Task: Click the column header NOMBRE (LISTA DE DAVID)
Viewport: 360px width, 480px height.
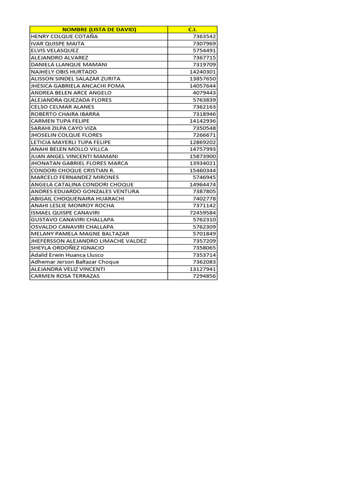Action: point(98,30)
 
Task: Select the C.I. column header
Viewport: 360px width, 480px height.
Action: point(192,30)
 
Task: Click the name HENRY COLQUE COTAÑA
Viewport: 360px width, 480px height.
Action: point(64,37)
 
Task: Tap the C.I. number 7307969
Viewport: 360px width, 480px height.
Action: point(204,44)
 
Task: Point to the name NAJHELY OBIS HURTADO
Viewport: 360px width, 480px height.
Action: point(64,72)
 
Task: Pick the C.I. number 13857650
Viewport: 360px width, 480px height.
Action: point(202,79)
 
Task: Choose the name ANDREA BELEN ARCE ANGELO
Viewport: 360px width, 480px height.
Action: point(71,93)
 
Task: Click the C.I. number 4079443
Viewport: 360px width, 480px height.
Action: point(204,93)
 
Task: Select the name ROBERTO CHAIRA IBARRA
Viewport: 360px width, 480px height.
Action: point(65,114)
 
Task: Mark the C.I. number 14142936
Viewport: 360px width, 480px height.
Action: point(202,121)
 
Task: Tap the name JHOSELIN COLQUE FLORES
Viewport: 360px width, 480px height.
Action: point(66,135)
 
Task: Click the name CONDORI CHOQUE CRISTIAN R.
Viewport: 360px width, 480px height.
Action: point(73,170)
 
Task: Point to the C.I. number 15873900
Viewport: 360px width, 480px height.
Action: point(202,156)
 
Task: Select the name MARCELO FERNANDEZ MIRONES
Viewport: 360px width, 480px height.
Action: point(75,177)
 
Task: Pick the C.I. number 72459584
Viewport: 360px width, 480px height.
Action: point(202,213)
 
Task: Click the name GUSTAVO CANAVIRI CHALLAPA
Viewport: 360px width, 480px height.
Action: point(72,219)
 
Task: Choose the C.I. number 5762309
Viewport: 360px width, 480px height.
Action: point(204,227)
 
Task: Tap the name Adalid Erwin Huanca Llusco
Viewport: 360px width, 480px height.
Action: point(67,255)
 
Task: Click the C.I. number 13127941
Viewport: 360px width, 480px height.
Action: point(202,269)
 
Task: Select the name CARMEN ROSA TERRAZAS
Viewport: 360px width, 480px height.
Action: point(65,276)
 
